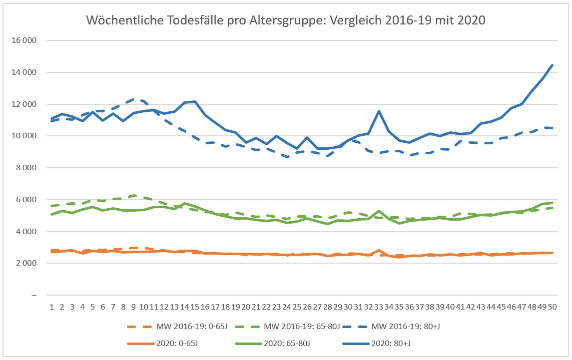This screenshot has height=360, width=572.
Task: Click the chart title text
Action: click(286, 20)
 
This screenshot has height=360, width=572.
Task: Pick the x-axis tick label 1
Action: click(52, 307)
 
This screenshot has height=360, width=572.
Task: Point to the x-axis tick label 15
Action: click(194, 307)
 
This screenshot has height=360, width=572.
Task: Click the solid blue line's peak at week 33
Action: click(379, 111)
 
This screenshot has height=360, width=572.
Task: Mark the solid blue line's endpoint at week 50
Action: click(552, 65)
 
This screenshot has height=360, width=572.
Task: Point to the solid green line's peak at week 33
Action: click(379, 211)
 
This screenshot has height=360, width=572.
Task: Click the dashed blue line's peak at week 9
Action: click(133, 99)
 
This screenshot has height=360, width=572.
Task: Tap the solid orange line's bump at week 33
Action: click(379, 250)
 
